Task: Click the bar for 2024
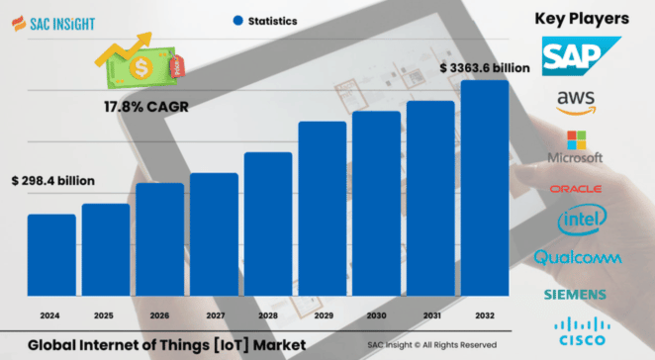(x=51, y=254)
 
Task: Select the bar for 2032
(x=485, y=188)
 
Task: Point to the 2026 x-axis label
(x=159, y=315)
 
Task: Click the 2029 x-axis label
(x=323, y=315)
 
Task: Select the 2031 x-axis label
(x=430, y=315)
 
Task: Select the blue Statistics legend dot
(x=237, y=20)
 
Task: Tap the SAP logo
(x=581, y=56)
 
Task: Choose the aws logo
(x=581, y=101)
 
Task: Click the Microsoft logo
(x=581, y=146)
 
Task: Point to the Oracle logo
(x=581, y=188)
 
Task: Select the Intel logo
(x=581, y=221)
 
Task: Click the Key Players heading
(x=582, y=18)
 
